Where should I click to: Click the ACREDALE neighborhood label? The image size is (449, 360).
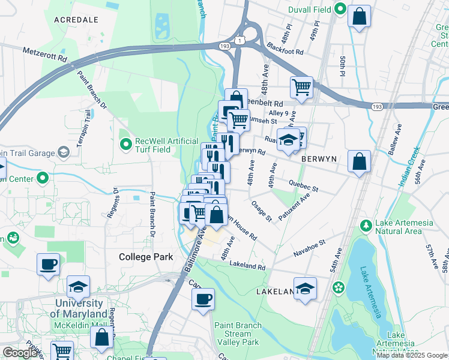(x=76, y=20)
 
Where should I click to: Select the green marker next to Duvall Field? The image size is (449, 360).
(x=340, y=9)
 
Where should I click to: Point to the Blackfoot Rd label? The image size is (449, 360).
(x=285, y=51)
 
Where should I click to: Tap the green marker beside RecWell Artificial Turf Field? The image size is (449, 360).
(x=125, y=145)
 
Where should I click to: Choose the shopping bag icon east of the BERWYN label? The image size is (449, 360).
(x=358, y=161)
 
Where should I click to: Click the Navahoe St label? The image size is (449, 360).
(x=309, y=248)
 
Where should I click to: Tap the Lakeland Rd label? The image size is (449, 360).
(x=246, y=265)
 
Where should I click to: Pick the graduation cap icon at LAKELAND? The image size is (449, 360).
(x=305, y=289)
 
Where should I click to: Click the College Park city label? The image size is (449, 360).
(x=146, y=257)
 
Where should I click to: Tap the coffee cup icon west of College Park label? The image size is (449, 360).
(x=48, y=265)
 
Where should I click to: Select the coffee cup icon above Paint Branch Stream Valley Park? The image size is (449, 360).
(x=203, y=299)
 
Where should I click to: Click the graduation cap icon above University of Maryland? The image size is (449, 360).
(x=78, y=287)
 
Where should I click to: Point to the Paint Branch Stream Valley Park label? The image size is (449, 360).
(x=238, y=334)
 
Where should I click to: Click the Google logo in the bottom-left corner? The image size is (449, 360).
(x=19, y=353)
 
